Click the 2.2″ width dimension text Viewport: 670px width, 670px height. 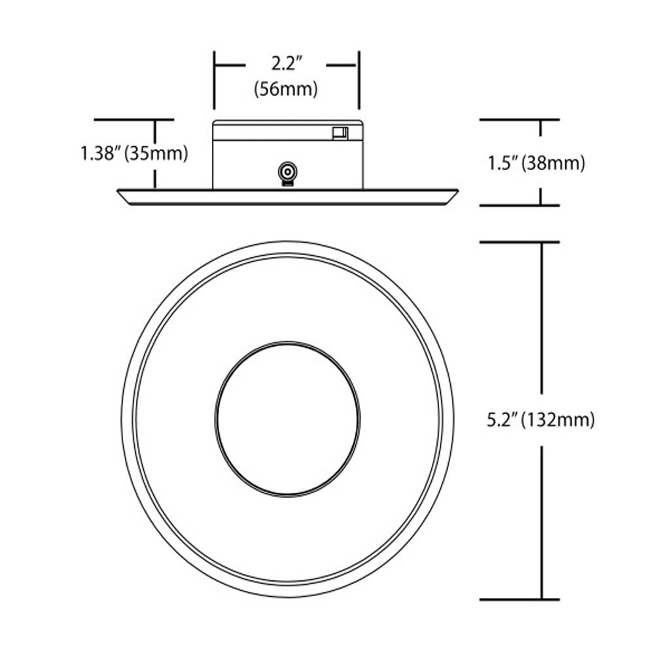coord(287,64)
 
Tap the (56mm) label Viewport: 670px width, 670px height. coord(286,89)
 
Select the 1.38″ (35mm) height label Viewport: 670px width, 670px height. coord(134,153)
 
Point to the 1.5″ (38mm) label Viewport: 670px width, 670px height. coord(537,163)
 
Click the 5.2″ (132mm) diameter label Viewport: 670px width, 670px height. coord(540,420)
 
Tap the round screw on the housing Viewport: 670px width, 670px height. coord(288,173)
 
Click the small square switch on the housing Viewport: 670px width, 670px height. coord(340,133)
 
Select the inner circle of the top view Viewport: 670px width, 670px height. coord(287,342)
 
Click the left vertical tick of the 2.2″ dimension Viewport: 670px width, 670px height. coord(214,80)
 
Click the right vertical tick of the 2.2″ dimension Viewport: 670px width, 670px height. coord(359,80)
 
